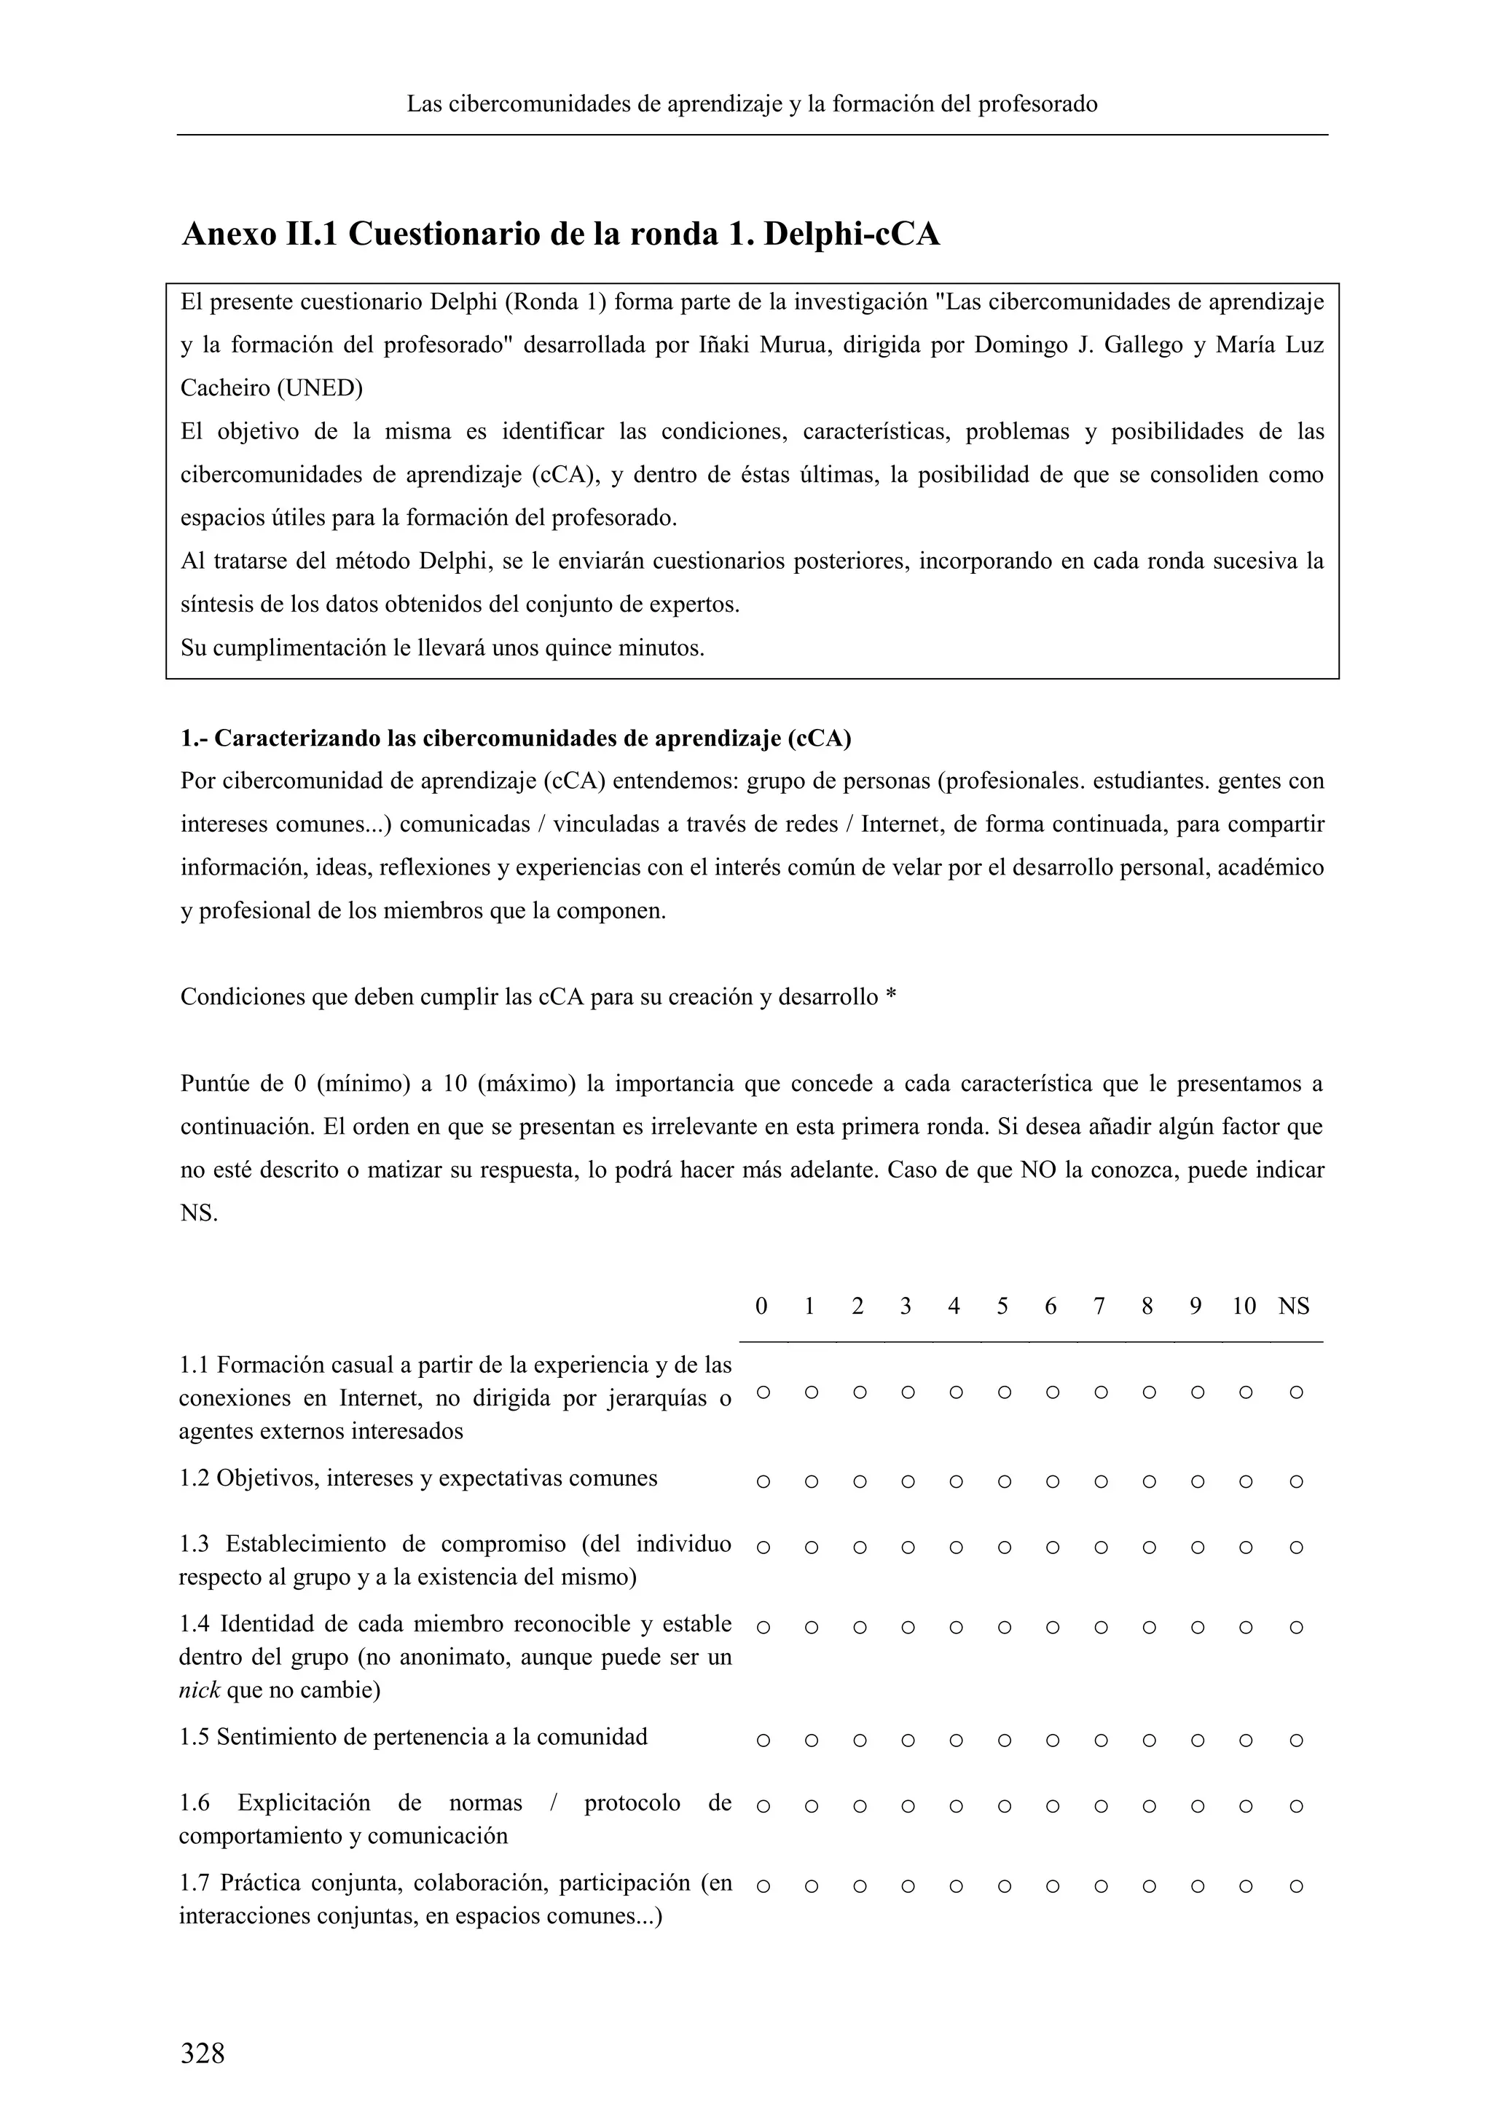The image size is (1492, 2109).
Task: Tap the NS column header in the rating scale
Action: pyautogui.click(x=1294, y=1306)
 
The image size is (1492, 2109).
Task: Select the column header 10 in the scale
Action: pyautogui.click(x=1244, y=1306)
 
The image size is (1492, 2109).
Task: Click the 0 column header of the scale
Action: pyautogui.click(x=761, y=1306)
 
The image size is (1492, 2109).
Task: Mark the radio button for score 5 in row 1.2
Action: pyautogui.click(x=1003, y=1482)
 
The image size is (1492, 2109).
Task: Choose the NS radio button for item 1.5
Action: pyautogui.click(x=1295, y=1740)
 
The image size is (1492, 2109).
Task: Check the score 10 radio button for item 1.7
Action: pyautogui.click(x=1246, y=1887)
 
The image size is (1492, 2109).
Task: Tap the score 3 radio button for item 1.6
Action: pyautogui.click(x=908, y=1806)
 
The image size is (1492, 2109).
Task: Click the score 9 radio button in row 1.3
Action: pyautogui.click(x=1197, y=1547)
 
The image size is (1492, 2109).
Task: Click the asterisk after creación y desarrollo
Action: pyautogui.click(x=890, y=998)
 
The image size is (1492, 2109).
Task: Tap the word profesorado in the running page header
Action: pyautogui.click(x=1037, y=104)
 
